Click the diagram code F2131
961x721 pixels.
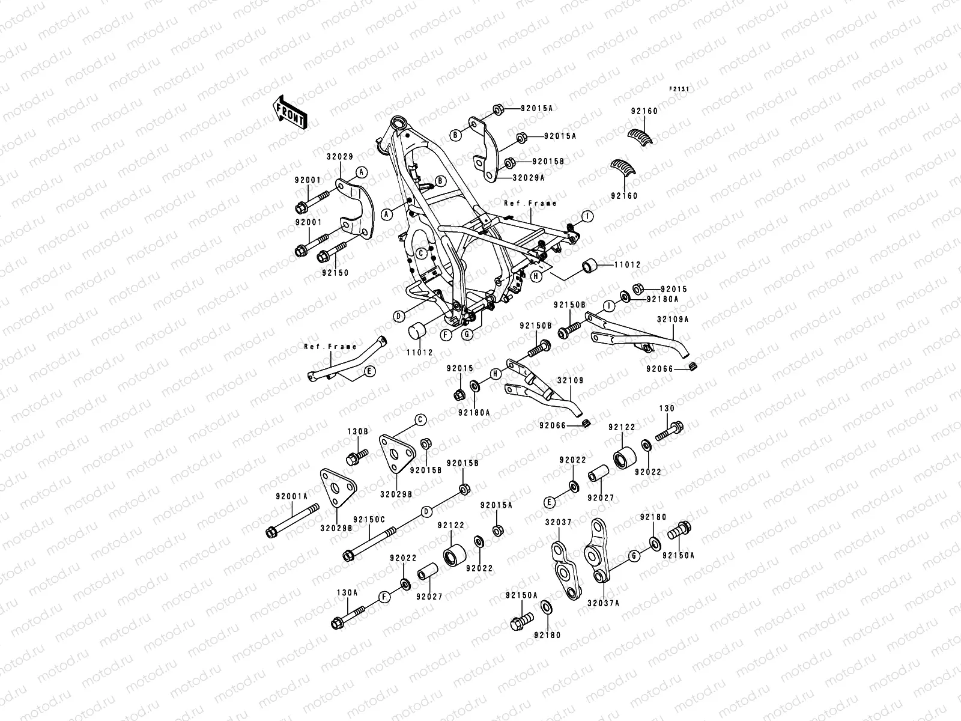click(679, 89)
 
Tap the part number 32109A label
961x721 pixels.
click(673, 320)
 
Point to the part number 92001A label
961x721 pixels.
click(291, 496)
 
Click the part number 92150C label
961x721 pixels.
click(369, 519)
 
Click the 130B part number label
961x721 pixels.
click(356, 431)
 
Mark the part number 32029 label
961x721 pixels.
click(339, 157)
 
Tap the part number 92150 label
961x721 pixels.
click(334, 273)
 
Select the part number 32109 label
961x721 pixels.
click(570, 381)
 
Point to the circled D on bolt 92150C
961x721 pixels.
click(426, 512)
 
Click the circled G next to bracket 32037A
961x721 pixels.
click(633, 556)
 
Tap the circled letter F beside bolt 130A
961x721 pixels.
click(383, 597)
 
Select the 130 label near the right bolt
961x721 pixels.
click(667, 409)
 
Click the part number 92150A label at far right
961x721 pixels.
click(678, 556)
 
